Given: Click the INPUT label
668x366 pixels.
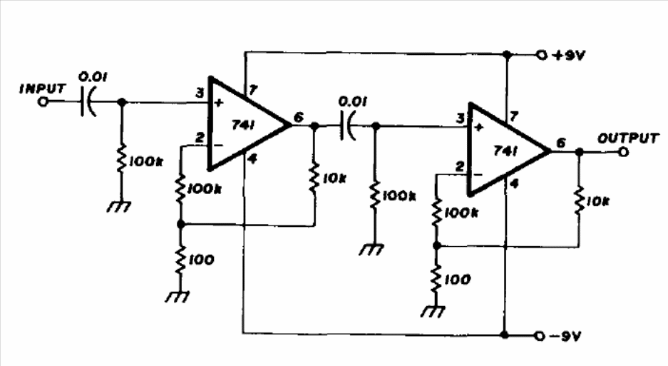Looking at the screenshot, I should point(43,89).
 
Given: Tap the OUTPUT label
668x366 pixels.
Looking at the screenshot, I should point(627,138).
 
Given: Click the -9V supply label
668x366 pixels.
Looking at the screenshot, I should point(569,335).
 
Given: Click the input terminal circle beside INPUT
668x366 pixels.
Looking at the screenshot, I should point(42,103).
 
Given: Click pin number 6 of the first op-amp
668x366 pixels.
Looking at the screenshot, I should point(298,116).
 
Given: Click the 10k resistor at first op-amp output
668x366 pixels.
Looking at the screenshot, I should point(314,178).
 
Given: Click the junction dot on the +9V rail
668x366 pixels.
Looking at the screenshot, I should point(506,54).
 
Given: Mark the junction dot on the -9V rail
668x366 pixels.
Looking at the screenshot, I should point(505,334).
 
